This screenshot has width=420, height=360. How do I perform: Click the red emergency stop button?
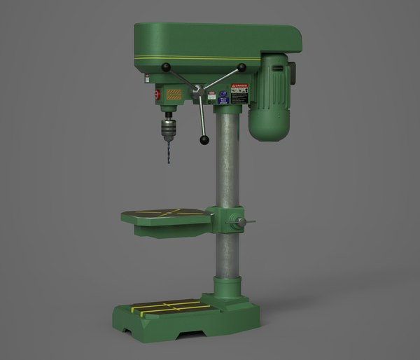click(155, 96)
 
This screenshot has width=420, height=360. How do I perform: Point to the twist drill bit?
click(168, 151)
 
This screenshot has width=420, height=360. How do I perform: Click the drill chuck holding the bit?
click(168, 128)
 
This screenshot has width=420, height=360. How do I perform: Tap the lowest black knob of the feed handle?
click(204, 140)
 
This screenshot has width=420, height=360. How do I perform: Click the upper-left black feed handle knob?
click(167, 68)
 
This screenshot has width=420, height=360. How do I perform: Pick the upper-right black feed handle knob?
click(241, 67)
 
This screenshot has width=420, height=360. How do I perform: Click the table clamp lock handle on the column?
click(245, 223)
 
